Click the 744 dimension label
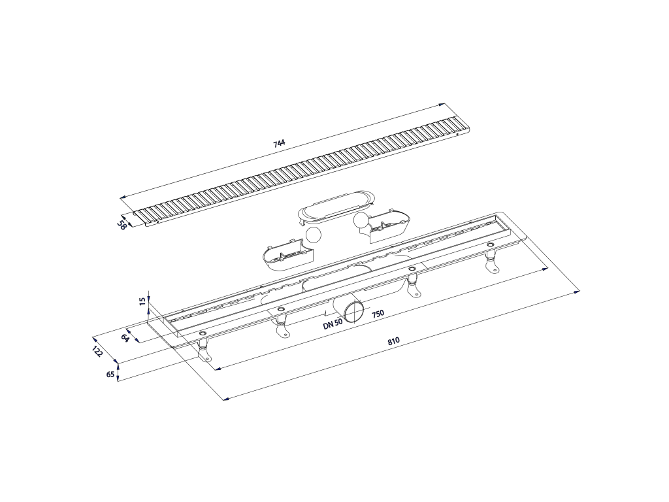279,143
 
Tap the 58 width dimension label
122,224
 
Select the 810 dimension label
393,341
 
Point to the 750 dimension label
378,314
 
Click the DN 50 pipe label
333,323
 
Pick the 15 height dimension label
143,300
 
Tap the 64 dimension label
125,338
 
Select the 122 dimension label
98,352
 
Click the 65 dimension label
110,375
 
